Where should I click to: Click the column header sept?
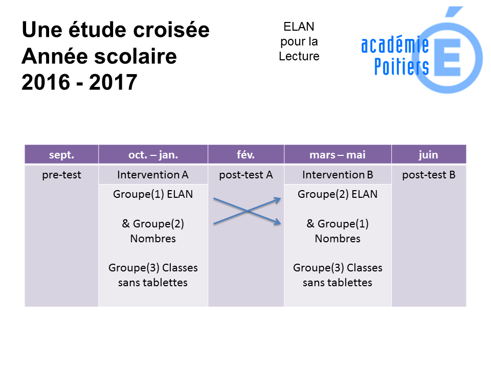61,154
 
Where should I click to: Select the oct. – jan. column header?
153,154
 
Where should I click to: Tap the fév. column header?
246,154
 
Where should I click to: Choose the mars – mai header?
338,154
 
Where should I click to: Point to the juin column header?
429,155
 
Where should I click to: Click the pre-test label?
61,175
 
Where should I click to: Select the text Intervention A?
153,175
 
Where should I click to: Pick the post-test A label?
246,175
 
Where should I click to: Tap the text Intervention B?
338,175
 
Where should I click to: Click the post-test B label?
429,175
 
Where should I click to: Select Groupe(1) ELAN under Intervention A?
153,194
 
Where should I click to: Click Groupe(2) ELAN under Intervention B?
338,194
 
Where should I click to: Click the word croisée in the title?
171,30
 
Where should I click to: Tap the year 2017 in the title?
113,82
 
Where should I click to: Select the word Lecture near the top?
299,56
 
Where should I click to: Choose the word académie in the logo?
395,45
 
